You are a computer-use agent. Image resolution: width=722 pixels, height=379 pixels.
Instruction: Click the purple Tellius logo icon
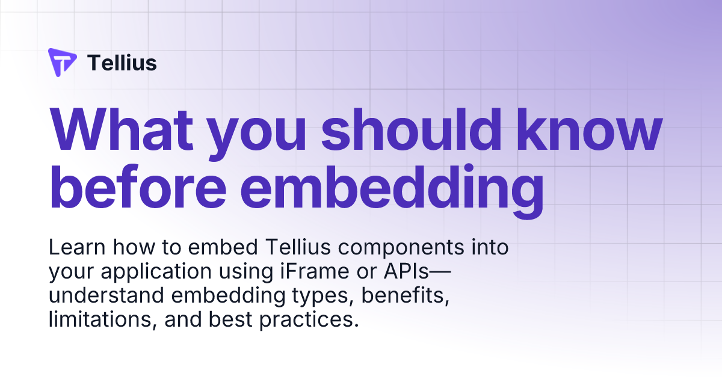click(x=62, y=63)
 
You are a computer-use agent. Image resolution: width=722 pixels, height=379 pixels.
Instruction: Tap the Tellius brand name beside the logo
click(x=122, y=63)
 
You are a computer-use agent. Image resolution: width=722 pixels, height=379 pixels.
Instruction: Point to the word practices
click(x=308, y=320)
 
